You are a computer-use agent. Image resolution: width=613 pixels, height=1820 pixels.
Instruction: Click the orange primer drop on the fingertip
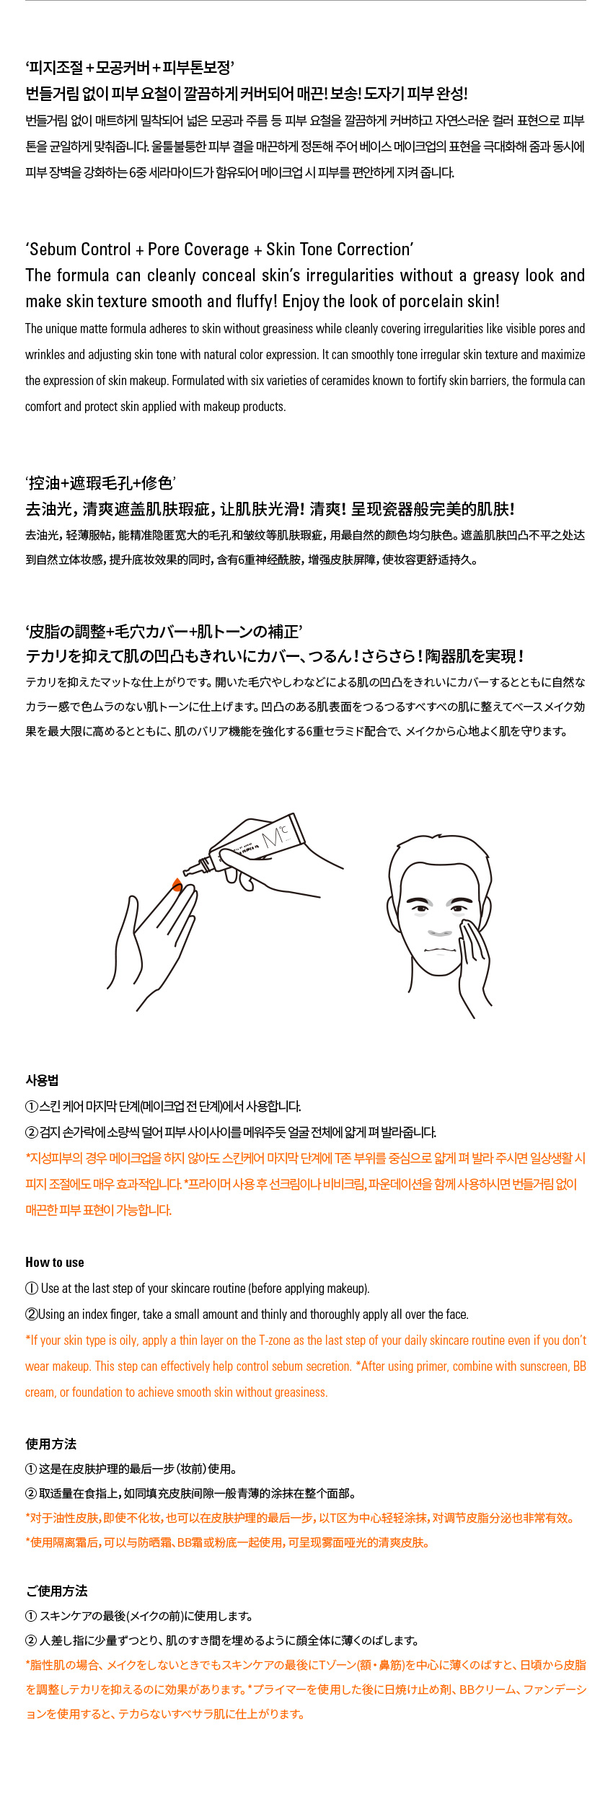pyautogui.click(x=177, y=885)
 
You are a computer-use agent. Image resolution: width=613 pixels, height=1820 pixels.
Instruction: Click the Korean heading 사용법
pyautogui.click(x=42, y=1080)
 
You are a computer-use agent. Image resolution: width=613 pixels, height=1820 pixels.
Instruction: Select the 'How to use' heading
pyautogui.click(x=55, y=1262)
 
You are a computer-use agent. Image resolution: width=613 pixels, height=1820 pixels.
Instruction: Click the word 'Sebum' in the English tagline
pyautogui.click(x=53, y=249)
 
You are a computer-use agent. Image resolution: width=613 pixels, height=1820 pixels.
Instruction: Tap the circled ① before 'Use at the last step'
pyautogui.click(x=32, y=1289)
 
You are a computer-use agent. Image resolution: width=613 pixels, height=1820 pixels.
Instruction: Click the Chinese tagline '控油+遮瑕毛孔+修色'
pyautogui.click(x=101, y=483)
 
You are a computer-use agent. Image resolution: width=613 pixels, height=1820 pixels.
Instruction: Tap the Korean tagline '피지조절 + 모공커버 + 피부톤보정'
pyautogui.click(x=130, y=68)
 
